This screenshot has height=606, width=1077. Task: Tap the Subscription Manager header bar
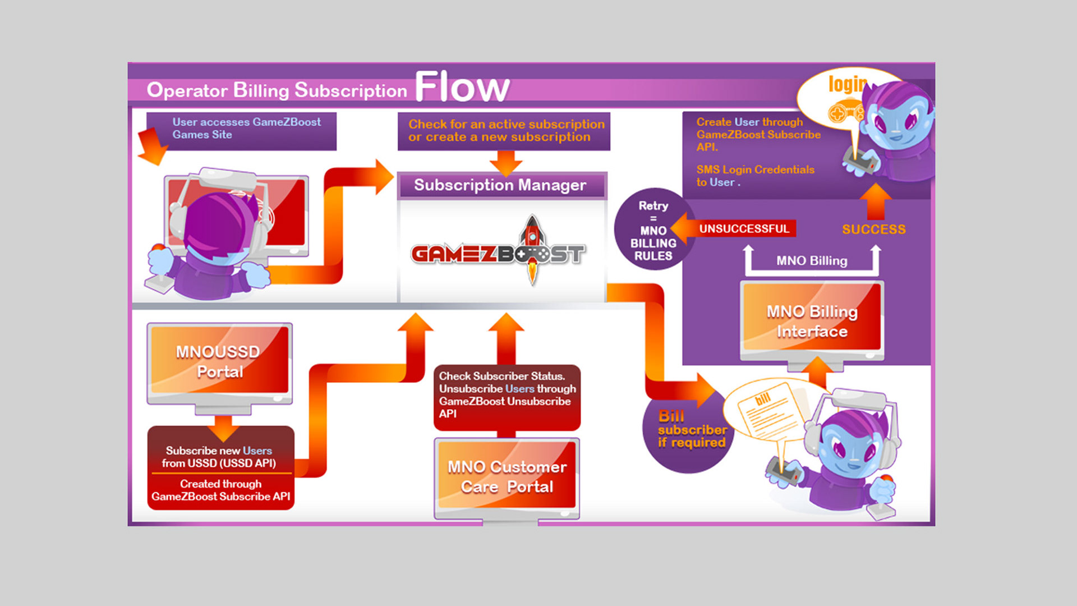pyautogui.click(x=501, y=185)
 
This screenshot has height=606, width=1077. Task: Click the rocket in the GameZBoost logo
pyautogui.click(x=532, y=247)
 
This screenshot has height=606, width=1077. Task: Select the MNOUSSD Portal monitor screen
pyautogui.click(x=219, y=361)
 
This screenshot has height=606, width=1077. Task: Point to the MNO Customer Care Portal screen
pyautogui.click(x=507, y=476)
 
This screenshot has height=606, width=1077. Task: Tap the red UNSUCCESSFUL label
pyautogui.click(x=744, y=228)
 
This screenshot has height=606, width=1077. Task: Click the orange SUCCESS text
pyautogui.click(x=873, y=229)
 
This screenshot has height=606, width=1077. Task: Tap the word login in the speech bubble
pyautogui.click(x=847, y=84)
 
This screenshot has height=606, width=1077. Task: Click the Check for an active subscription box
pyautogui.click(x=504, y=131)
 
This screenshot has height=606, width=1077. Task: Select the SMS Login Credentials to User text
pyautogui.click(x=754, y=176)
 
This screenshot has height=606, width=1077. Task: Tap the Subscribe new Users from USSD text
pyautogui.click(x=219, y=457)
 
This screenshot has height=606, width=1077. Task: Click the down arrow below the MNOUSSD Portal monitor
pyautogui.click(x=223, y=428)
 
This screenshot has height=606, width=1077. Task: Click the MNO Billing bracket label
pyautogui.click(x=812, y=261)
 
